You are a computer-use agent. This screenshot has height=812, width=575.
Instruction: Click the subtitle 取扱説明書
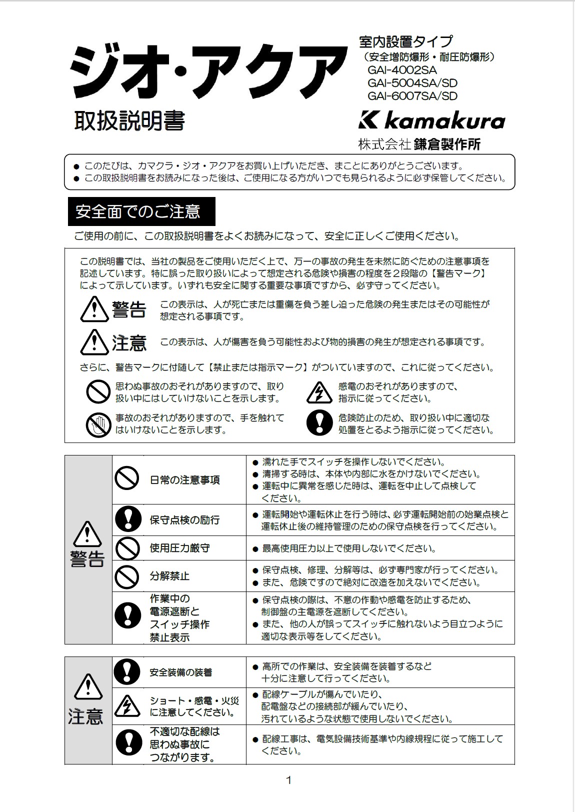(x=129, y=120)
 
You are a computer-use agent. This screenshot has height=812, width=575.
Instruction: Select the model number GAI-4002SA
(x=402, y=70)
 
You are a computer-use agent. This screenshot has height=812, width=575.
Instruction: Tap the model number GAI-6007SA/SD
(x=412, y=96)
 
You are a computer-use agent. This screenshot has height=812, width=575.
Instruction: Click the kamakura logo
(x=432, y=120)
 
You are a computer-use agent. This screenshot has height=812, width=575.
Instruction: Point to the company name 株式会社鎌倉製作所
(x=419, y=144)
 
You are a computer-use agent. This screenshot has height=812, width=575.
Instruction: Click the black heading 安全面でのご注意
(x=141, y=211)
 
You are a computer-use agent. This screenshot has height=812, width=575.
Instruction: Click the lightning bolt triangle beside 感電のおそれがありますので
(x=319, y=392)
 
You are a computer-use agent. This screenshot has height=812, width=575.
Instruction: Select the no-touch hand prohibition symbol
(x=98, y=424)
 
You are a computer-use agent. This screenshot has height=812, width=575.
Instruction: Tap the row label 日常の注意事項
(x=184, y=480)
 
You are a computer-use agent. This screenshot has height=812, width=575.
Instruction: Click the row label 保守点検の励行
(x=184, y=520)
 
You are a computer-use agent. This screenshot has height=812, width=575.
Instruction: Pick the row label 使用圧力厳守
(x=179, y=548)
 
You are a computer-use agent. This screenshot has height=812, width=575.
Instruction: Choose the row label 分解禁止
(x=169, y=576)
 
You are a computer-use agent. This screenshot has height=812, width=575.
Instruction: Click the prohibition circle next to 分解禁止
(x=127, y=576)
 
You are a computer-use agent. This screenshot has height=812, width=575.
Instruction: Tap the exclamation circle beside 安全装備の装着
(x=127, y=672)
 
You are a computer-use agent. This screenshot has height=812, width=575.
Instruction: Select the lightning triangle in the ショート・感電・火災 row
(x=127, y=706)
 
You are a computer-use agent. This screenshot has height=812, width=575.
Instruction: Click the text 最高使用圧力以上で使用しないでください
(x=349, y=548)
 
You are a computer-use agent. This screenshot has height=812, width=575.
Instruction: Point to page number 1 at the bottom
(x=288, y=780)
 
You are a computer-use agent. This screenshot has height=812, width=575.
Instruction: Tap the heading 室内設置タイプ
(x=405, y=41)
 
